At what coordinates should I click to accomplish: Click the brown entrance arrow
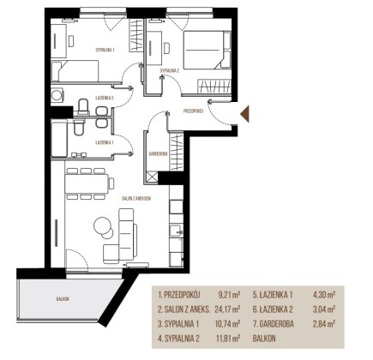coord(245,114)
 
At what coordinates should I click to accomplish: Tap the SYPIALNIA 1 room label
coord(105,50)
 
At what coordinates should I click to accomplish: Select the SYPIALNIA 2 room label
coord(170,71)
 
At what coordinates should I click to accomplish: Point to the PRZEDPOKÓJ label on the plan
coord(193,111)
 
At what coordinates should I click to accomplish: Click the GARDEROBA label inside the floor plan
coord(158,153)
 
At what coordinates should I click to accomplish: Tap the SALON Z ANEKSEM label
coord(136,199)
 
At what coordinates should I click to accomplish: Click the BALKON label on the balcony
coord(63,299)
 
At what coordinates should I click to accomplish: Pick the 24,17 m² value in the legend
coord(227,309)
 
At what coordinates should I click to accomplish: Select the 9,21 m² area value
coord(229,295)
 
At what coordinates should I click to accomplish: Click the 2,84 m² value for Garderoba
coord(324,324)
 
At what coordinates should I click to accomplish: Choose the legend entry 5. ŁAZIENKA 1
coord(273,295)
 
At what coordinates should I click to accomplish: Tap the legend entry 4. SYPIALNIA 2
coord(178,339)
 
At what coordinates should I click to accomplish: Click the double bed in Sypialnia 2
coord(207,50)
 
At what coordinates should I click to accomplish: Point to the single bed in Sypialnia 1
coord(75,70)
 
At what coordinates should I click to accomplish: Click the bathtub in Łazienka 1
coord(59,138)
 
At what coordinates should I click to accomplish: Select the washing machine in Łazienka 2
coord(57,94)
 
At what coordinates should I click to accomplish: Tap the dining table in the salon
coord(87,183)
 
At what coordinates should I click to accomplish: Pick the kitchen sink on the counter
coord(176,231)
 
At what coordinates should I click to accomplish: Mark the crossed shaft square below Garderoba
coord(152,177)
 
